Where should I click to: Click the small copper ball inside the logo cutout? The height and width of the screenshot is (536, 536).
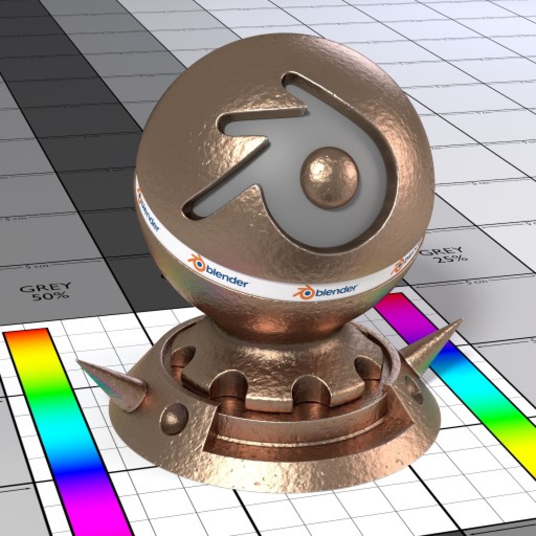click(329, 177)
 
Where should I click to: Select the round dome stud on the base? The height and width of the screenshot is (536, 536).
click(174, 419)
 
